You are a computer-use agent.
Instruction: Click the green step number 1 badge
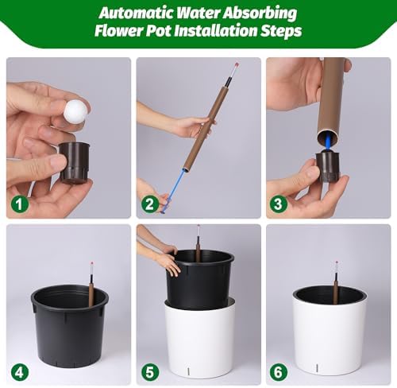[20, 204]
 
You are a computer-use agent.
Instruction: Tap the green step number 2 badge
[150, 204]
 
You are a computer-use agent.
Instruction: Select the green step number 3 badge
[278, 204]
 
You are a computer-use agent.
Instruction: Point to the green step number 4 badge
[20, 372]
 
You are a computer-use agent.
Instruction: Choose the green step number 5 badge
[150, 372]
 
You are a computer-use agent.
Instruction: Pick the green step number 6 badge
[278, 372]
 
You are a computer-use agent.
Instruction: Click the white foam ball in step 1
[75, 111]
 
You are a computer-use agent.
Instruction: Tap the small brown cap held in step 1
[75, 162]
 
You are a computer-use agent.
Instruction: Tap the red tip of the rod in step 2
[237, 64]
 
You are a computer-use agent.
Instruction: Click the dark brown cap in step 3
[328, 166]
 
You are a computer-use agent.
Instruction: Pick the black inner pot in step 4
[70, 326]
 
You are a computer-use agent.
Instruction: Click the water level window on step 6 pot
[317, 368]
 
